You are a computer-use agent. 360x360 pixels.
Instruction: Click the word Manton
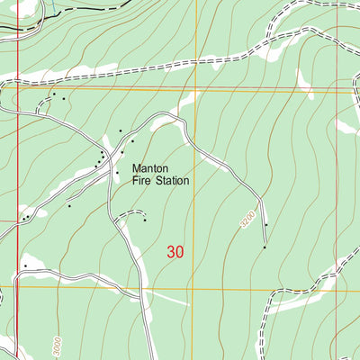151,167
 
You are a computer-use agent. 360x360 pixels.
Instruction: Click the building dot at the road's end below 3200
265,247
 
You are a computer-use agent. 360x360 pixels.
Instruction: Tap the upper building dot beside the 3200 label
265,224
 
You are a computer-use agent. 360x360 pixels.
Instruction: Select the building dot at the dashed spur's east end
145,219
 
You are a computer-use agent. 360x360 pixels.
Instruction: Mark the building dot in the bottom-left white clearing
25,266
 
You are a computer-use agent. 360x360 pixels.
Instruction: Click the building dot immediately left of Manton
117,172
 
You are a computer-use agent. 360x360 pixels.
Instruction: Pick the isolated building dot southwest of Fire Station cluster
69,206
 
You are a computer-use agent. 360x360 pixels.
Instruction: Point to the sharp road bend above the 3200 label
259,196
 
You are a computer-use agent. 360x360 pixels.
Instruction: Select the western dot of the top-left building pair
53,94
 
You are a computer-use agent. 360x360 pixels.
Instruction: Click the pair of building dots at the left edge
28,217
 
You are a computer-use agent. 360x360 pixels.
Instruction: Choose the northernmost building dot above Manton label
121,131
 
